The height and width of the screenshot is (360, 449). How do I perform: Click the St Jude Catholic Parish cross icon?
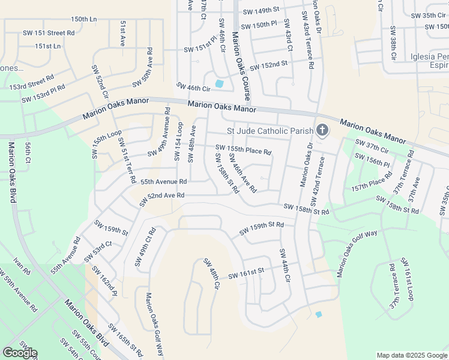322,130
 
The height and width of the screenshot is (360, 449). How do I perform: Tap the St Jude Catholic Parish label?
270,131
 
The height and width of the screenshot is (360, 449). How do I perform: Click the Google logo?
19,353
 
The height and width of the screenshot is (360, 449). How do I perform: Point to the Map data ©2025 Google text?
411,355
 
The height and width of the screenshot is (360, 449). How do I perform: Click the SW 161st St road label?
247,274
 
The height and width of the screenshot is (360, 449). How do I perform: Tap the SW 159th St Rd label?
261,229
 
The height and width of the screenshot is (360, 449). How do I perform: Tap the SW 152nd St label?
268,64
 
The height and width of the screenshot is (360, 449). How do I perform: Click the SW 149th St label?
261,11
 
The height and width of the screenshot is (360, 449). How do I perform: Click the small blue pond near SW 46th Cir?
219,83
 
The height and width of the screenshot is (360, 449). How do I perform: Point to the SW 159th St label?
111,228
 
